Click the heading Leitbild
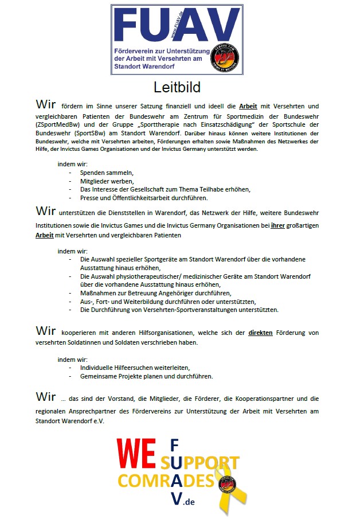coord(177,87)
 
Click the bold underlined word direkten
coord(260,333)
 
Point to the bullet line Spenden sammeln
coord(107,173)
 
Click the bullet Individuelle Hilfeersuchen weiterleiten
coord(135,368)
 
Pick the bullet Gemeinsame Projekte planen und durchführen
coord(146,376)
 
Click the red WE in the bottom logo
coord(136,454)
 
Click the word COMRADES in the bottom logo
coord(166,480)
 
